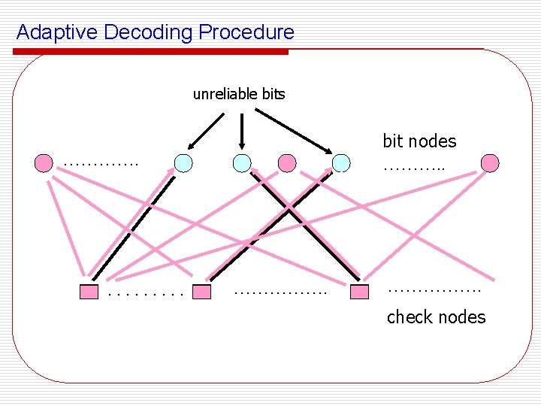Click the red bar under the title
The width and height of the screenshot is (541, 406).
coord(150,52)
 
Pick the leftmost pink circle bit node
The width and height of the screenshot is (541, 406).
coord(44,162)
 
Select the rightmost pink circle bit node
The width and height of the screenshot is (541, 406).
coord(490,162)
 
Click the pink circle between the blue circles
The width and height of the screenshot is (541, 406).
coord(286,162)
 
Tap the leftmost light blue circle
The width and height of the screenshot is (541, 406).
coord(183,162)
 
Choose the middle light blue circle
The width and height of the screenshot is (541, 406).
coord(241,162)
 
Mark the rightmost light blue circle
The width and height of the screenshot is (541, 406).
coord(341,162)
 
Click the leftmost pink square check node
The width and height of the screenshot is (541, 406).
coord(89,292)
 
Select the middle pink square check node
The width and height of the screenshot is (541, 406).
coord(201,292)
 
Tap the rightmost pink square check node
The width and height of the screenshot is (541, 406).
coord(361,292)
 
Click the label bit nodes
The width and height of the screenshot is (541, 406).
coord(419,141)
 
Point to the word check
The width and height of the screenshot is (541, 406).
coord(409,317)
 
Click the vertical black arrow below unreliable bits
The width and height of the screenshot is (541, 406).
coord(241,129)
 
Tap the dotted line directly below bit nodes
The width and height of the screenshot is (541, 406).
coord(414,168)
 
